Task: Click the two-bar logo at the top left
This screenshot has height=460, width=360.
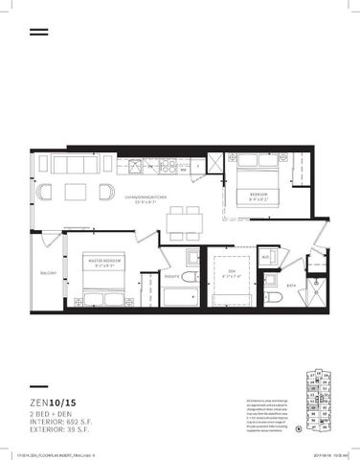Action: click(38, 32)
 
